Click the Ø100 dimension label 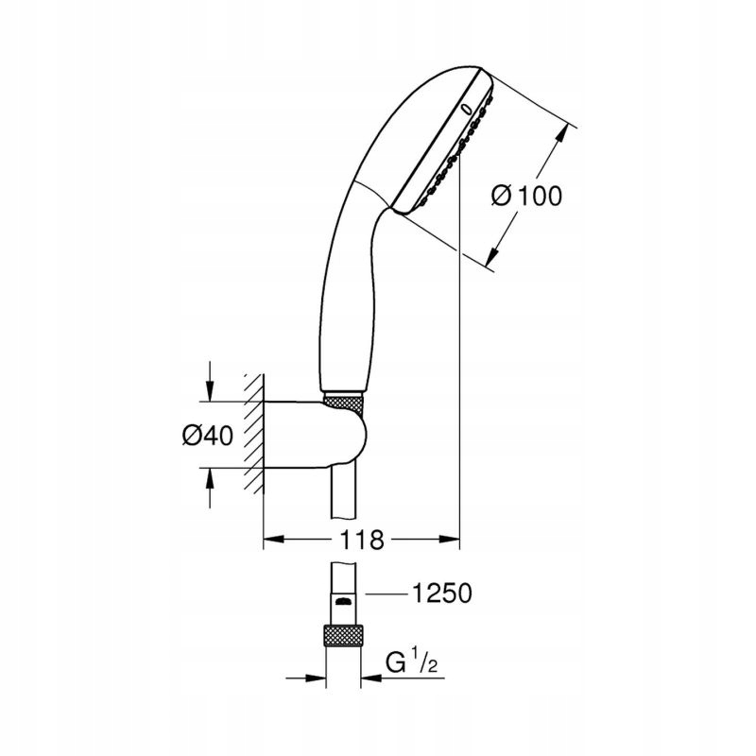point(526,196)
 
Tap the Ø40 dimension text point(208,436)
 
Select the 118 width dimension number point(362,540)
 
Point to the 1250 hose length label point(442,593)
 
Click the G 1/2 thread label point(412,662)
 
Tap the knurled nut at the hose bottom point(343,635)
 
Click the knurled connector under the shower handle point(343,403)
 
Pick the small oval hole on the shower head point(466,109)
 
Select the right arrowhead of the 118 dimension point(449,539)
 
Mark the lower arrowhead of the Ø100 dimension point(493,255)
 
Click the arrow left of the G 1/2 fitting point(305,679)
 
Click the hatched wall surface point(253,434)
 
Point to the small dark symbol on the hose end point(343,601)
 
